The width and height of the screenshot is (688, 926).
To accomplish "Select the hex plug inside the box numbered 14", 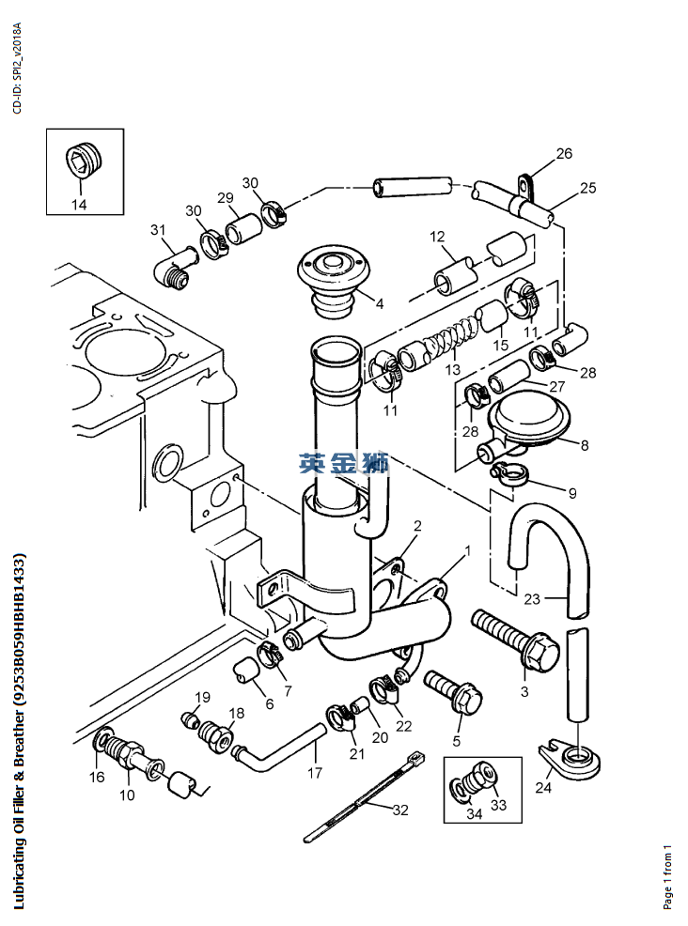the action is [84, 159].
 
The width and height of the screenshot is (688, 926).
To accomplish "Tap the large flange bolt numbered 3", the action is [515, 640].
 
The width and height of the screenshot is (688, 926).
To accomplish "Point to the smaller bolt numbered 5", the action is [453, 692].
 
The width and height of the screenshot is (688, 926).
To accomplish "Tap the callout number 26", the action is [564, 153].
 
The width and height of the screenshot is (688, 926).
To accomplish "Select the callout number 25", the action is [587, 188].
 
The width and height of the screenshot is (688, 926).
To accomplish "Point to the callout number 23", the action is [532, 599].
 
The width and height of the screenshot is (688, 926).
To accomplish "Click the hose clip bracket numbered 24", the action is [570, 758].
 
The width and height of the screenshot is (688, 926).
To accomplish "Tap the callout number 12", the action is [437, 237].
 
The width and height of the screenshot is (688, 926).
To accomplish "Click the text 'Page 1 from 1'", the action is [668, 878].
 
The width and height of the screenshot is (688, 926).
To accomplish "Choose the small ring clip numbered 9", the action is [508, 474].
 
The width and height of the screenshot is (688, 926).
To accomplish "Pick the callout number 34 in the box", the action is [474, 814].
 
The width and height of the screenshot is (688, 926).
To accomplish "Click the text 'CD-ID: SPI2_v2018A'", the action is [17, 68].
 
